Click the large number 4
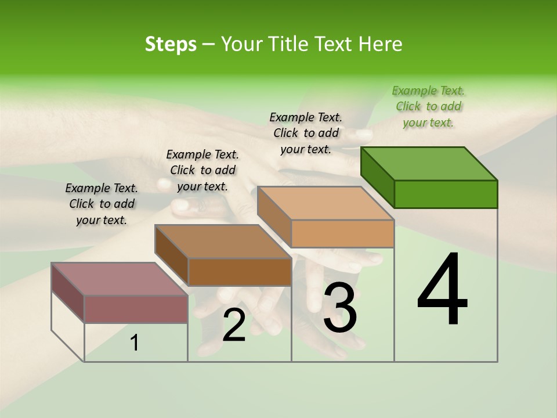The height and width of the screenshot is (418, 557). [x=442, y=290]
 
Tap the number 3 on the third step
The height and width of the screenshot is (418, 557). [x=340, y=308]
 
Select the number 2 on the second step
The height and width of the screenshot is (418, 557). [x=234, y=325]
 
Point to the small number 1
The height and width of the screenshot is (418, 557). [x=134, y=343]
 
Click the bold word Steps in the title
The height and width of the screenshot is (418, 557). [x=171, y=44]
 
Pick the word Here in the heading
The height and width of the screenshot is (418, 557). [x=381, y=44]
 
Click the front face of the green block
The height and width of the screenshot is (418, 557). [x=446, y=194]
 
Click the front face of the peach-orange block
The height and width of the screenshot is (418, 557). [x=342, y=233]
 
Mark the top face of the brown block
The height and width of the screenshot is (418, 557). [x=223, y=242]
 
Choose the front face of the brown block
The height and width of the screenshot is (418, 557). [x=240, y=272]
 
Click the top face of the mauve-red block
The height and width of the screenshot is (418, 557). [x=120, y=279]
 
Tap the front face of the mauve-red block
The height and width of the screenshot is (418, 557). [x=136, y=309]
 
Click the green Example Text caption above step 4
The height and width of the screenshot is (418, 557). [x=428, y=106]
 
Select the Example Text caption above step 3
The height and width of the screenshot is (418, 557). [x=306, y=133]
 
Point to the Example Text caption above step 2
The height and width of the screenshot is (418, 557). [x=202, y=170]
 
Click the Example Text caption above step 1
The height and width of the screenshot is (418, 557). [x=102, y=204]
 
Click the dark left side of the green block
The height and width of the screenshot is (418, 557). [x=377, y=177]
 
